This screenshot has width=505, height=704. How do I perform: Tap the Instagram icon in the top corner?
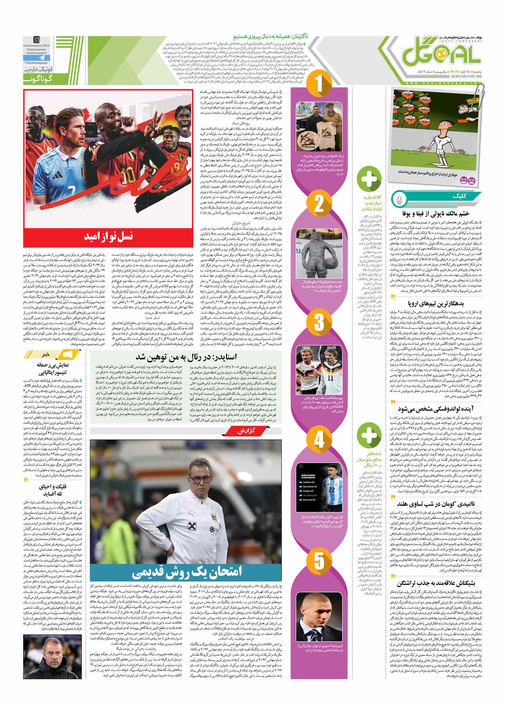click(37, 40)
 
